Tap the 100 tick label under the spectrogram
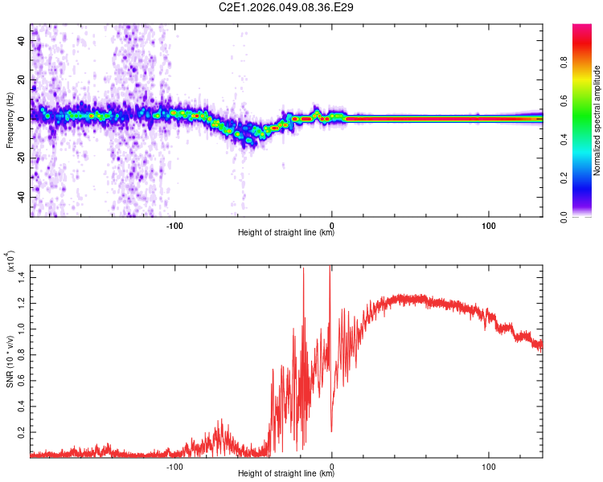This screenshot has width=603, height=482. (x=489, y=225)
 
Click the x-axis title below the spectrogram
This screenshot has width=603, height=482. (x=286, y=233)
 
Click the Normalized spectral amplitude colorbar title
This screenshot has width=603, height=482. (x=597, y=120)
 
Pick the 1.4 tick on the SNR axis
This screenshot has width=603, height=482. (x=22, y=276)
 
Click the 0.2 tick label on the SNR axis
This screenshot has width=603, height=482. (x=22, y=431)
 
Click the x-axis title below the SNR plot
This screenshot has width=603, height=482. (x=286, y=474)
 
